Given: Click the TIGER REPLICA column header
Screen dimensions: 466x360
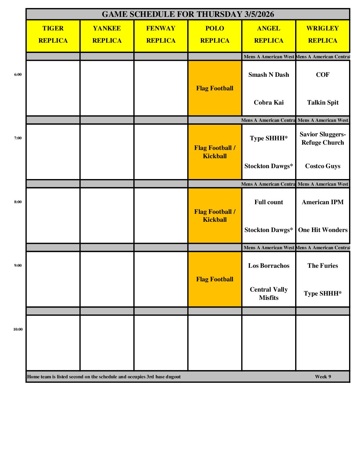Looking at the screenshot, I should [x=53, y=34].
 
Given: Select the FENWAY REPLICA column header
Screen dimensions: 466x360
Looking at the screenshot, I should [x=161, y=34].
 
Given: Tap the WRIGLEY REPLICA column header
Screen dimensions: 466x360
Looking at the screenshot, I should [x=323, y=34].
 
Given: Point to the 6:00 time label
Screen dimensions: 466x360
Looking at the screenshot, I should [x=18, y=74].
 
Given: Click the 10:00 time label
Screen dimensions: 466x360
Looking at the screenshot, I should [x=18, y=329].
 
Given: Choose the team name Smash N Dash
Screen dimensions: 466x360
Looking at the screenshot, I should [x=269, y=75].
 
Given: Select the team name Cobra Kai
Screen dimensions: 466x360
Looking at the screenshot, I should [x=269, y=103].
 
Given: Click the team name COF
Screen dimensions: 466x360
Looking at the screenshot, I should [x=323, y=75].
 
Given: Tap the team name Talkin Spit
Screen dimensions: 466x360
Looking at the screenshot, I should [x=323, y=103].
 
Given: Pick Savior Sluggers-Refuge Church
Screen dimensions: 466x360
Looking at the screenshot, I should [x=323, y=138].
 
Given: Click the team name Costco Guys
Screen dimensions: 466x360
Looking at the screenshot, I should [x=323, y=166].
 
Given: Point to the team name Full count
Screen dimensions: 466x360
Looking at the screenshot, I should [x=269, y=202].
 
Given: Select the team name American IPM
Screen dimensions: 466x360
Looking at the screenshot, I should [x=323, y=202].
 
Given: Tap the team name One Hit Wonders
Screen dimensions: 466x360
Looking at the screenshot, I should [x=323, y=230].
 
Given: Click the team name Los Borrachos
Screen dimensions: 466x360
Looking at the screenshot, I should [x=269, y=266].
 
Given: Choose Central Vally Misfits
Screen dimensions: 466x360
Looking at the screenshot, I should [x=269, y=294].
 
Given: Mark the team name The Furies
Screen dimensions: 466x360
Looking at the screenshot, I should [x=323, y=266].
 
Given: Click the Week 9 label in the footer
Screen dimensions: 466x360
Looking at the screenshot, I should [x=323, y=377].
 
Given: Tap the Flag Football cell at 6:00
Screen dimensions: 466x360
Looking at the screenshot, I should [x=215, y=88].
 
